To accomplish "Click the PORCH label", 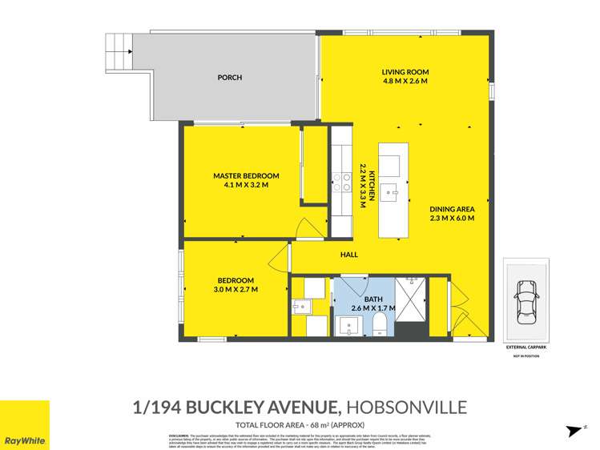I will pos(230,78).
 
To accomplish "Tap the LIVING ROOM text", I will pos(405,72).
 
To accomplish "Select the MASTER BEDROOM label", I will pos(246,176).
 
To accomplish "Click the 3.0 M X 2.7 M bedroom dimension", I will pos(237,290).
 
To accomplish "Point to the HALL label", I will pos(348,255).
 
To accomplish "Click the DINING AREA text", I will pos(452,208).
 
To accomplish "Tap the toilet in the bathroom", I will pos(381,323).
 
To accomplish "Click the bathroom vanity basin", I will pos(348,324).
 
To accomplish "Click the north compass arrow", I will pos(574,431).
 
